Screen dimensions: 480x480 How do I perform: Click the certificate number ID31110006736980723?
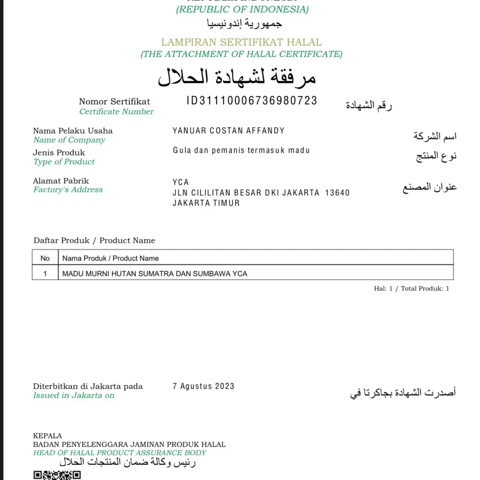tap(252, 101)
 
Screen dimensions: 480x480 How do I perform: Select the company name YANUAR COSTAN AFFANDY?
tap(229, 131)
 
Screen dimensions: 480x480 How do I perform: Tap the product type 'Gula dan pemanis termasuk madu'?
tap(241, 150)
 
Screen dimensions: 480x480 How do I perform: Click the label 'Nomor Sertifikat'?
tap(114, 101)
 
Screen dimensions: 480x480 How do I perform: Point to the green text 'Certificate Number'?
tap(116, 111)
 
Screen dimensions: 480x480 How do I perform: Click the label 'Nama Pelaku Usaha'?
tap(73, 131)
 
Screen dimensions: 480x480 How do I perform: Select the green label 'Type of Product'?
tap(64, 162)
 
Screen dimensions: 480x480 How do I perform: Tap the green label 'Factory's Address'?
tap(68, 189)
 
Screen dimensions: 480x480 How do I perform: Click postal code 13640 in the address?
tap(337, 193)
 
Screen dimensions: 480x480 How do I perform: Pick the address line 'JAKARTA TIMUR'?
tap(206, 203)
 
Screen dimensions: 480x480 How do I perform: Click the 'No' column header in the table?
tap(45, 258)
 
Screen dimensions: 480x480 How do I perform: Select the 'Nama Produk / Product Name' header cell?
tap(110, 258)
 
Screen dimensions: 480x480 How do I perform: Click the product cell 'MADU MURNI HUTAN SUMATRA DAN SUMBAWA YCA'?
tap(155, 274)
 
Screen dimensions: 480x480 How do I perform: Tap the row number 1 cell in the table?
tap(45, 274)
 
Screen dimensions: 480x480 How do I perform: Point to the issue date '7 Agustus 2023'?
tap(203, 386)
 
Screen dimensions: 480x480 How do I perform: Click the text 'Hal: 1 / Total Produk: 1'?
tap(411, 288)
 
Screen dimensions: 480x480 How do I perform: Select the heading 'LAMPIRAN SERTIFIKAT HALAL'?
tap(241, 42)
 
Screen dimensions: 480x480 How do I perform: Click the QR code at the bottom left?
tap(57, 475)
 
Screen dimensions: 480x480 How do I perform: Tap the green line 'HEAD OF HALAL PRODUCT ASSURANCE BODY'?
tap(120, 453)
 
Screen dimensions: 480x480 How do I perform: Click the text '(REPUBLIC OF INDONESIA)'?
tap(242, 9)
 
